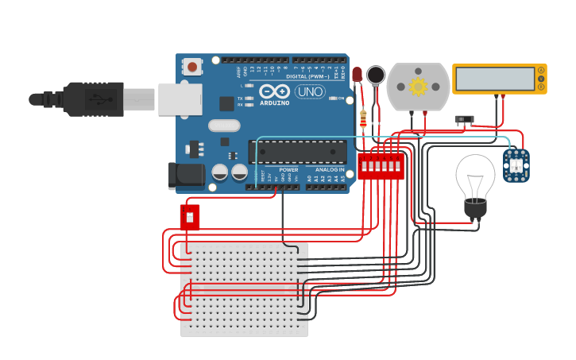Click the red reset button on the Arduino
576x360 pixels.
[191, 67]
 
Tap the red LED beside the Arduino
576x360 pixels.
[357, 75]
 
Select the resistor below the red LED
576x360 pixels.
[363, 118]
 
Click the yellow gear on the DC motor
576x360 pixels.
[418, 86]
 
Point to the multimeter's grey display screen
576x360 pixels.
[494, 79]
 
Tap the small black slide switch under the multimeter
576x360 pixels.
[465, 120]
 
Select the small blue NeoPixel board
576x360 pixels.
[516, 165]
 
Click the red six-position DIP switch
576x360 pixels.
[381, 166]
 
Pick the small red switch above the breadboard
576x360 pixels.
[189, 217]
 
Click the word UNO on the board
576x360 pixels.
[310, 91]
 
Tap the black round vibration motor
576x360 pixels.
[376, 75]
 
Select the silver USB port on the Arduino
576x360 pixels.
[180, 99]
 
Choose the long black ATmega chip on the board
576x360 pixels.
[298, 152]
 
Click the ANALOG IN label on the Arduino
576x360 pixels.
[331, 169]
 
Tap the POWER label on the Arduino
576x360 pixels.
[288, 169]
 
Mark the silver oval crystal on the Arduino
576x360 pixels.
[224, 126]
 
